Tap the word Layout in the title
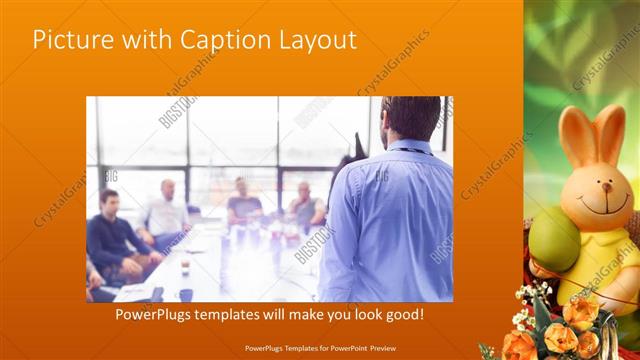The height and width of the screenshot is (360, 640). [x=313, y=40]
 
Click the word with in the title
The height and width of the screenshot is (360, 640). [x=146, y=40]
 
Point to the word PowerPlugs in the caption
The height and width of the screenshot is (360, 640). [x=156, y=315]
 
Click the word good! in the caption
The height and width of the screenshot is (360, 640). [x=399, y=315]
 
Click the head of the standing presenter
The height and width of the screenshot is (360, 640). [x=410, y=118]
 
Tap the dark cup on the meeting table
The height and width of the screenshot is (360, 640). [x=186, y=294]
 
